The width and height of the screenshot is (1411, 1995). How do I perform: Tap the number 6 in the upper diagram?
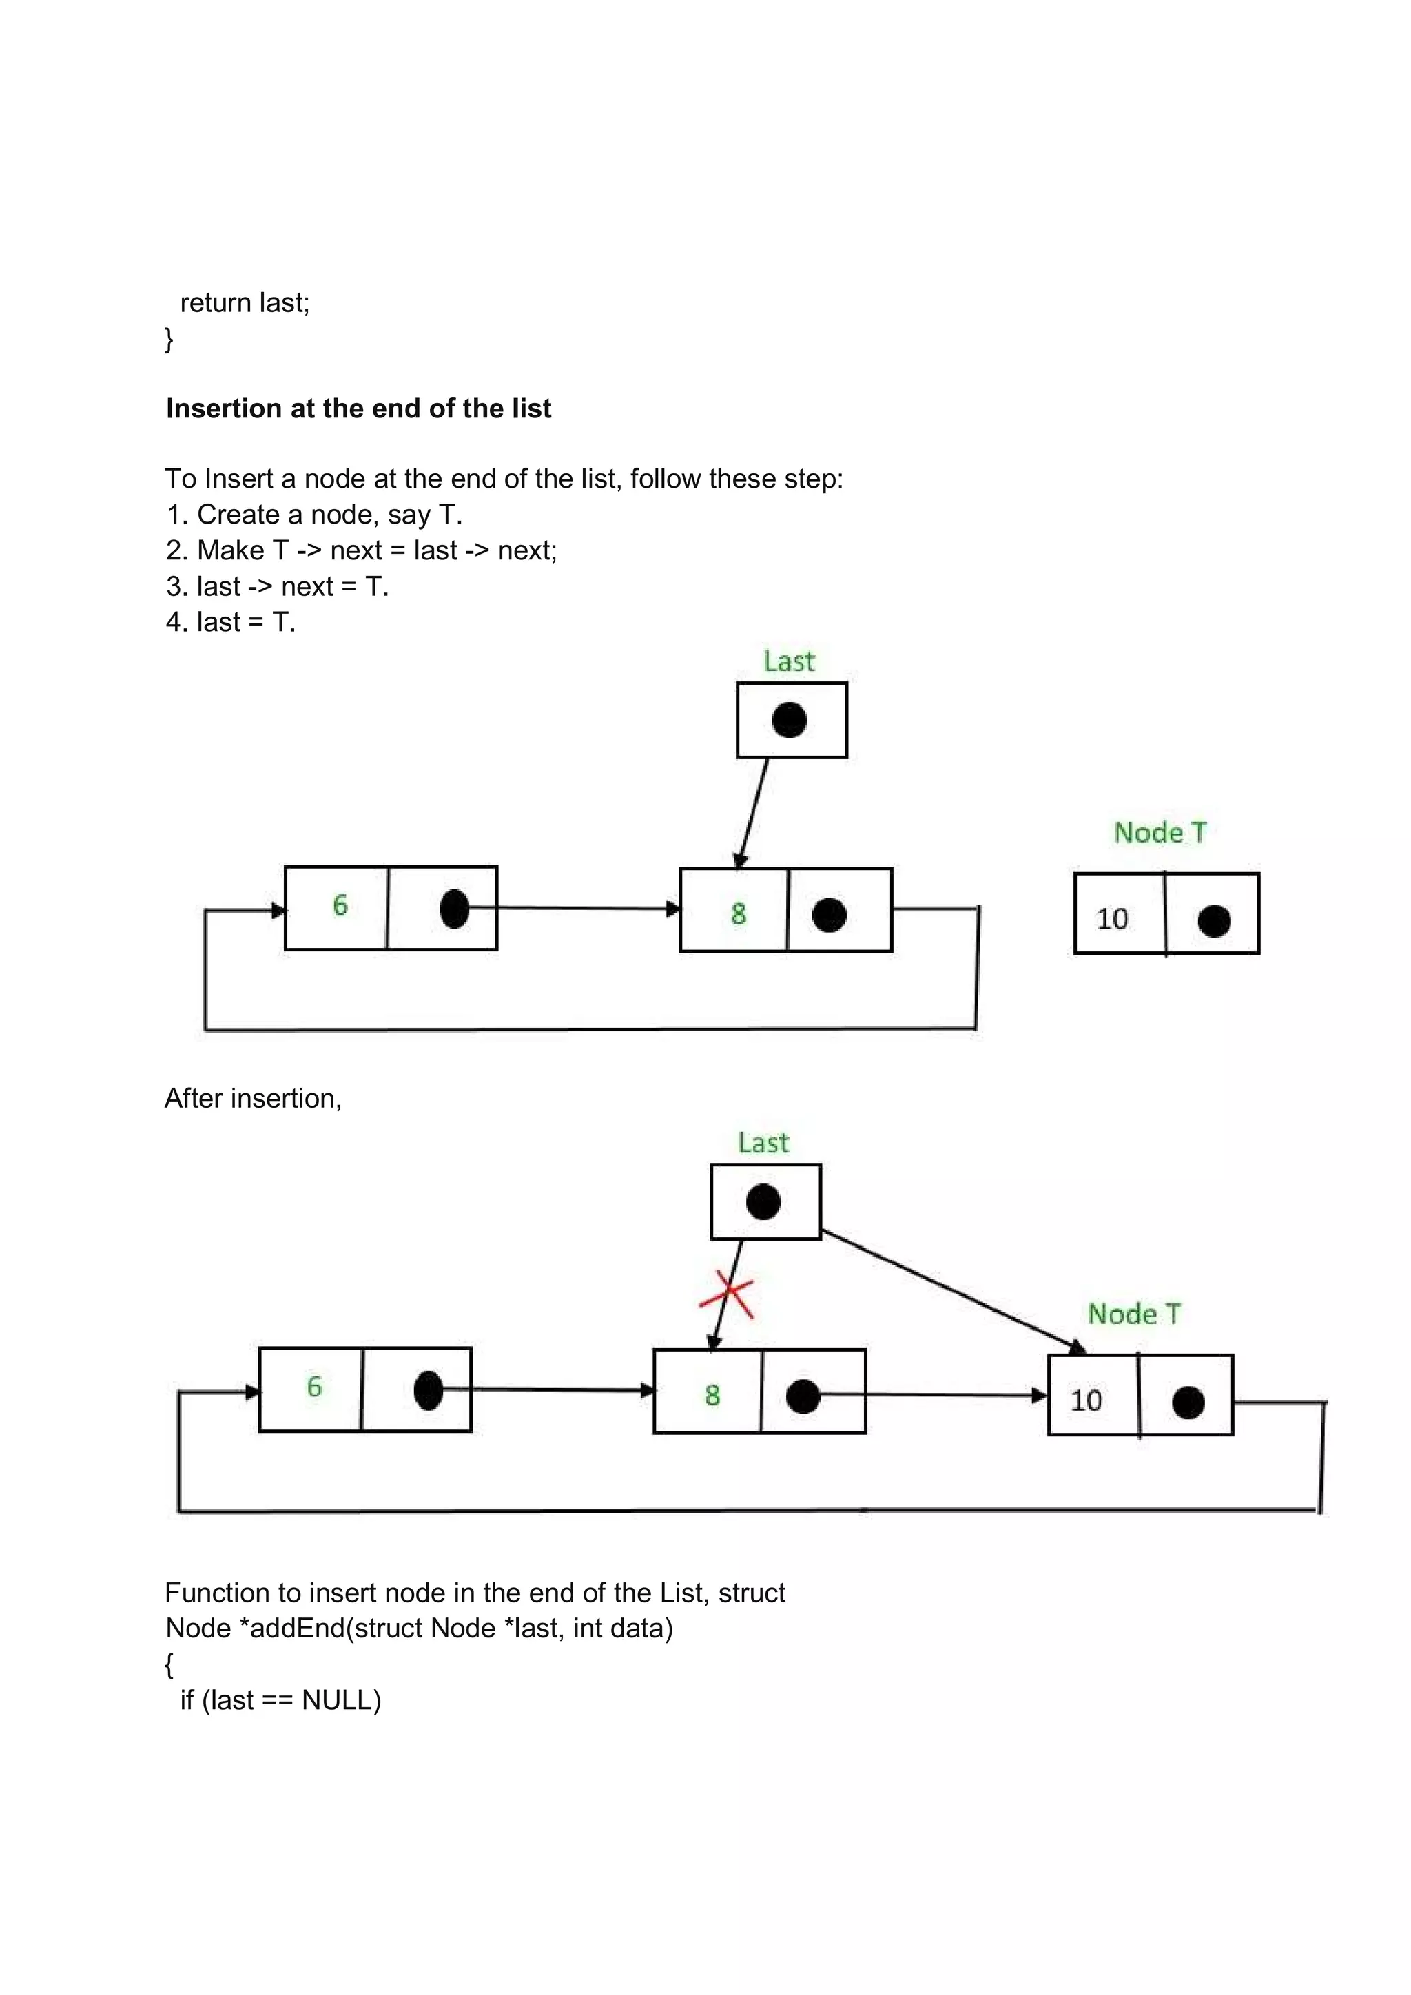(340, 905)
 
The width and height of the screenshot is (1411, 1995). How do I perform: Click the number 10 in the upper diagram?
(1112, 918)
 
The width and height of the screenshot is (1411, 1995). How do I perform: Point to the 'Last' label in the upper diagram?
(789, 661)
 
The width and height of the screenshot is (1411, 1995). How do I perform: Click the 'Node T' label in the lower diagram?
(1135, 1314)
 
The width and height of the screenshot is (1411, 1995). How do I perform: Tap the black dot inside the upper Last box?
(789, 721)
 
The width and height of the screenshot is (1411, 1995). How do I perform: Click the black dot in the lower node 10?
(1188, 1402)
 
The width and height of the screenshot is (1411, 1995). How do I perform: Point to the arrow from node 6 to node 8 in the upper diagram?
(573, 908)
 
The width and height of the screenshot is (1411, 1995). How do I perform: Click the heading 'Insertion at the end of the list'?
(358, 409)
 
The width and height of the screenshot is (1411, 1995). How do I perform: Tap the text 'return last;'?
(244, 302)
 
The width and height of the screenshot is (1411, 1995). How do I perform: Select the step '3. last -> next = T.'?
(277, 586)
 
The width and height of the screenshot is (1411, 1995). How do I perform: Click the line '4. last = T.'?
(231, 622)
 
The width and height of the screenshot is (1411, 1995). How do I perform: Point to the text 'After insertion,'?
(253, 1098)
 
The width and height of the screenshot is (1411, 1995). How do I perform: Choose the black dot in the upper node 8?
(829, 915)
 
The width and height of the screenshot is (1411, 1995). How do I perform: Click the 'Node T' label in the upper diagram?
(1161, 832)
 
